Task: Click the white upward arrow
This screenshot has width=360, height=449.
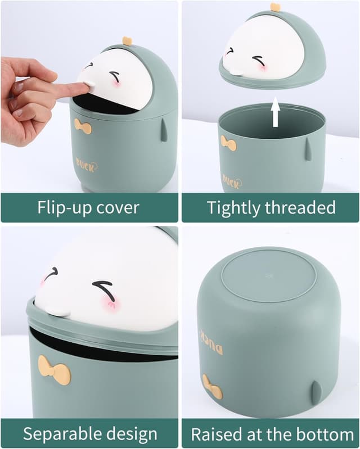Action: pos(276,112)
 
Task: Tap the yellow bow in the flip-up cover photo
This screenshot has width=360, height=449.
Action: pos(83,126)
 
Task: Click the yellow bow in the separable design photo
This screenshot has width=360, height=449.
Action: pos(55,370)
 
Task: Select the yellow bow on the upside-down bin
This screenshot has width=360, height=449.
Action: pos(212,387)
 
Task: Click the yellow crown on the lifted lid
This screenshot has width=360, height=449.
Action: pos(275,7)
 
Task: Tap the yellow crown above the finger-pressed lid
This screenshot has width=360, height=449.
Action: pos(127,40)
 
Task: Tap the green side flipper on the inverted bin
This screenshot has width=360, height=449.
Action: pos(317,393)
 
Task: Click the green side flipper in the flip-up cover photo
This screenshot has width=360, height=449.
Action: pos(164,130)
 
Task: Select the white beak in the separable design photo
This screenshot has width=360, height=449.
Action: pos(57,311)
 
